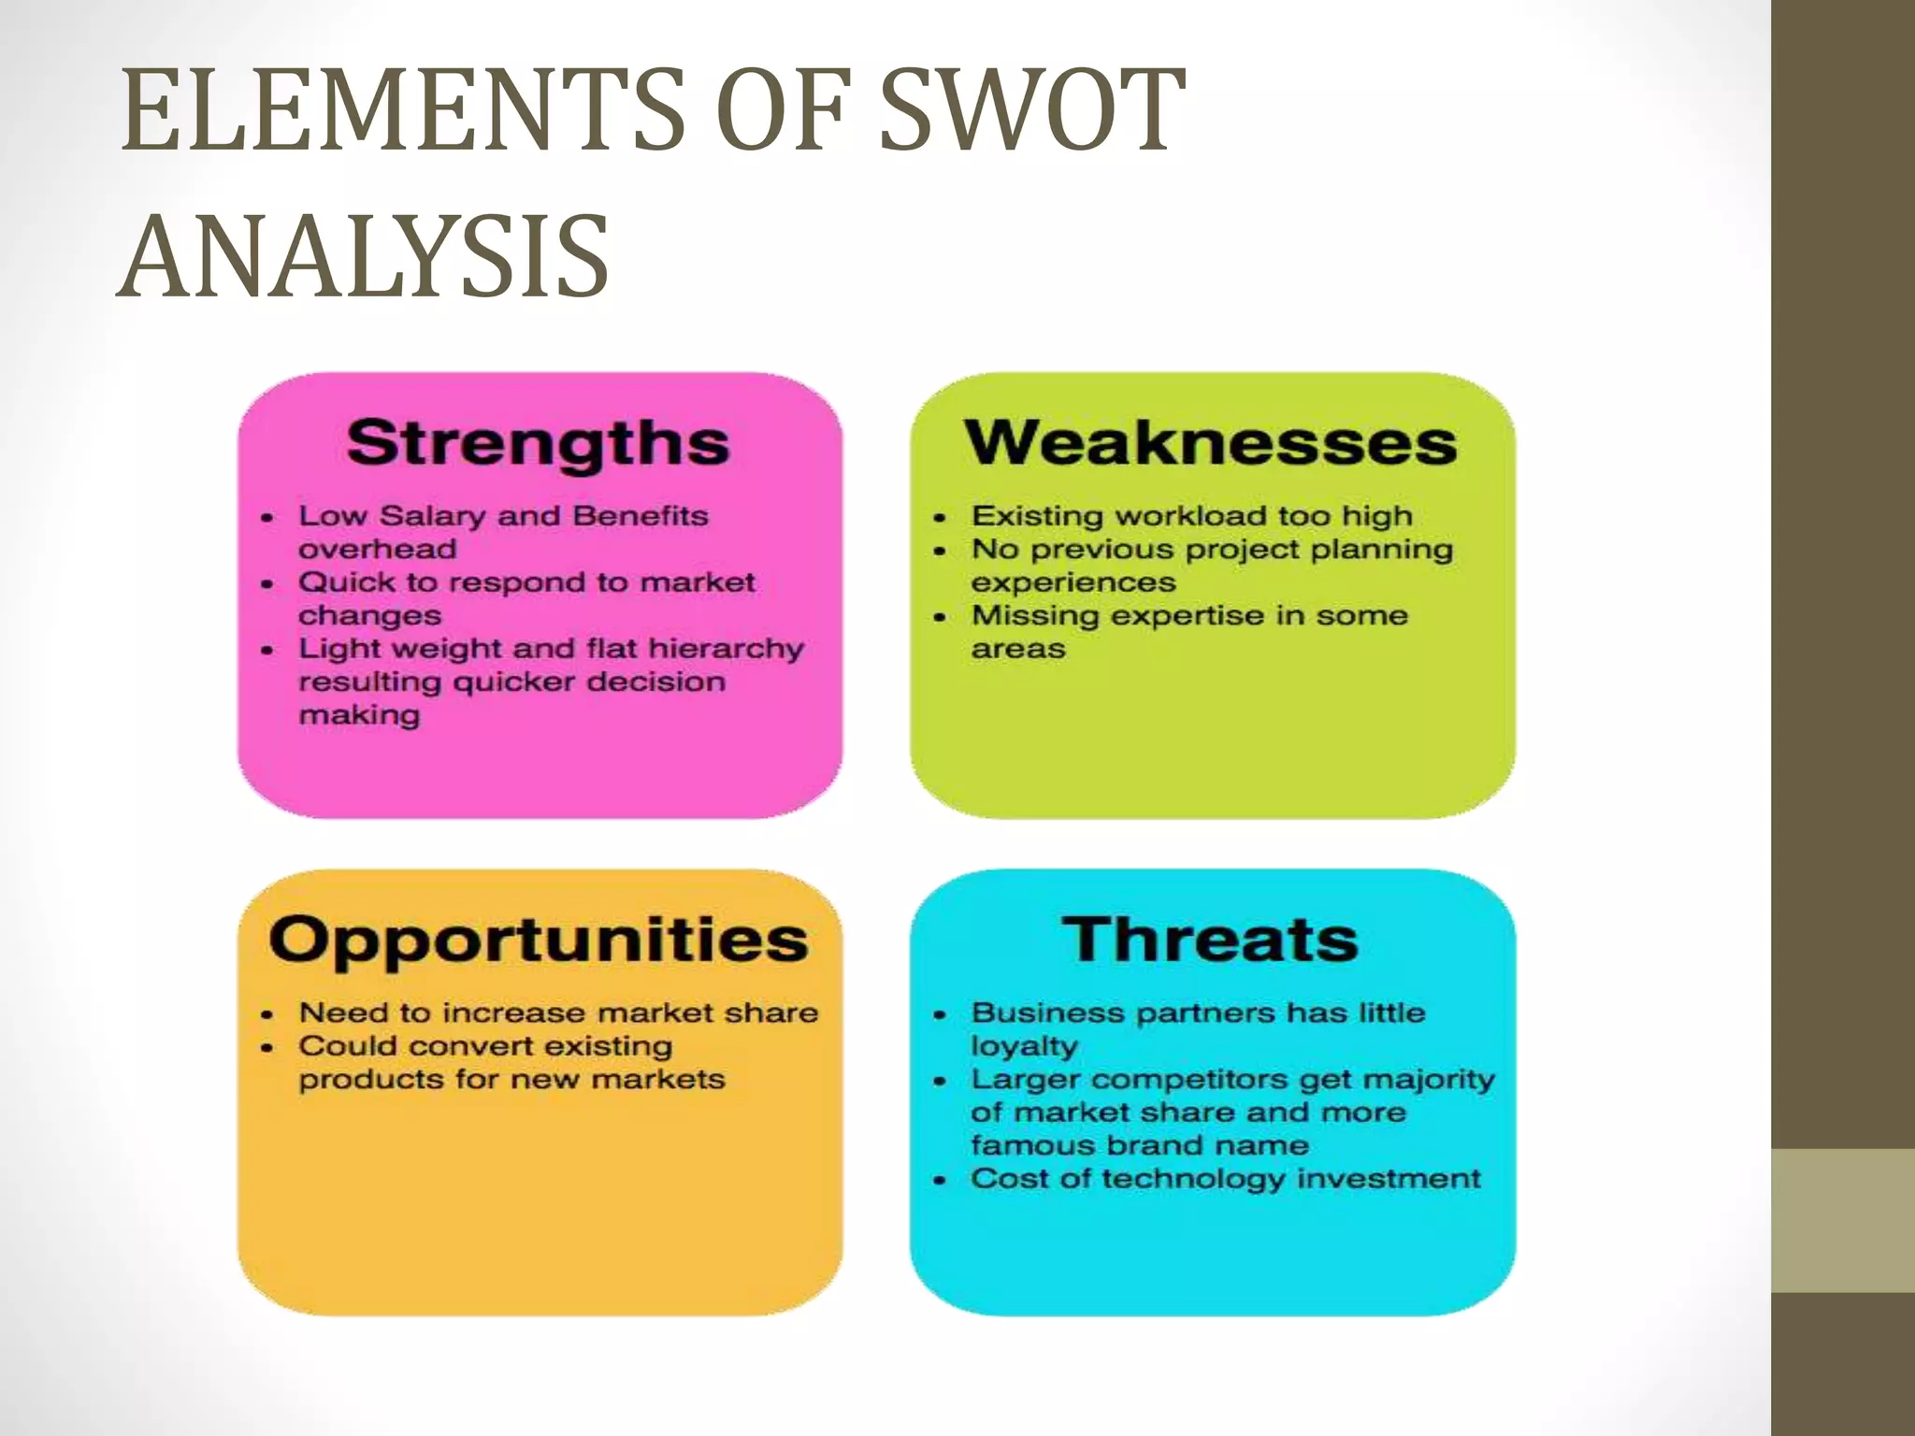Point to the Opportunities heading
tap(538, 939)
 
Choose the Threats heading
tap(1210, 939)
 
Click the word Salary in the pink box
tap(433, 516)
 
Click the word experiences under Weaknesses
tap(1073, 582)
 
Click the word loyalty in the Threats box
tap(1024, 1046)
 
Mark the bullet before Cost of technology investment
tap(940, 1180)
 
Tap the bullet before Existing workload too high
tap(940, 517)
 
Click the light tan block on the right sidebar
tap(1843, 1220)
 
